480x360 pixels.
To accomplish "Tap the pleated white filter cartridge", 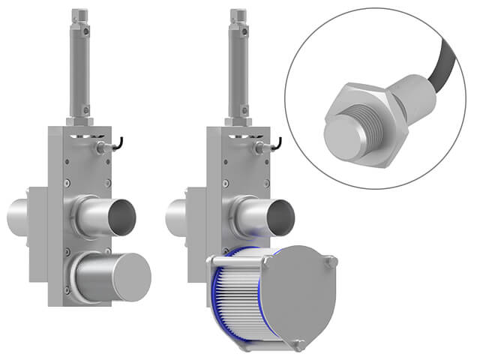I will coord(240,300).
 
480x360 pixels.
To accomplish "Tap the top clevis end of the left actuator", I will coord(80,18).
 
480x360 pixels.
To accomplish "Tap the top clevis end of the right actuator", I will coord(238,18).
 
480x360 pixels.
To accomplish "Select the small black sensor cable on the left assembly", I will coord(118,141).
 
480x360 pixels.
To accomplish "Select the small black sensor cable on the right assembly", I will coord(277,141).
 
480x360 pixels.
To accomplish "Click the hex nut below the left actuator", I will coord(80,120).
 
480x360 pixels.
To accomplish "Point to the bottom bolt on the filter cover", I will coord(299,346).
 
